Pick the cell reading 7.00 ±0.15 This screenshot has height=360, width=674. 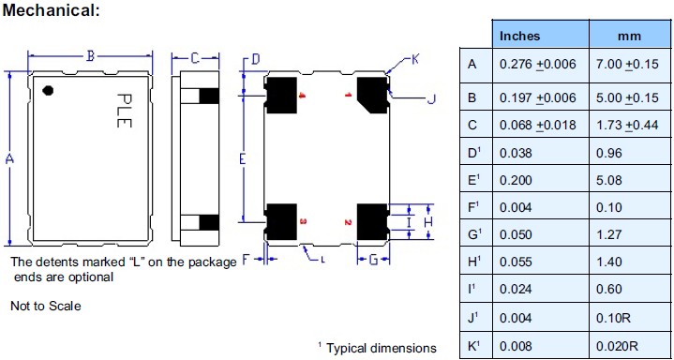click(627, 64)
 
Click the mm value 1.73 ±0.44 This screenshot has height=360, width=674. click(627, 126)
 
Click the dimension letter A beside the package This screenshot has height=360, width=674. click(9, 159)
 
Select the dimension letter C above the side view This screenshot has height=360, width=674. click(194, 58)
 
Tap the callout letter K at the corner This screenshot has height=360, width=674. click(415, 60)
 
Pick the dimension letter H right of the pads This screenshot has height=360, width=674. click(427, 220)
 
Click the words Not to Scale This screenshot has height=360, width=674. click(45, 306)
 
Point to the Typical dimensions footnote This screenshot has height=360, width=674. click(377, 348)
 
